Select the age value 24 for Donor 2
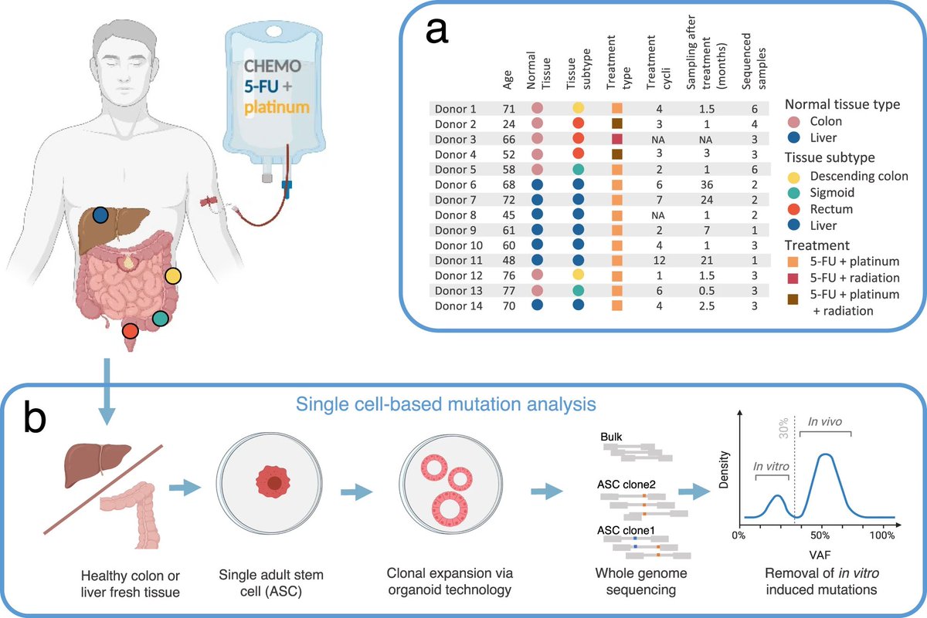(x=507, y=123)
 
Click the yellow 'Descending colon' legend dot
(x=793, y=177)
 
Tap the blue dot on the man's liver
(x=100, y=215)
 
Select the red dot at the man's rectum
(x=130, y=330)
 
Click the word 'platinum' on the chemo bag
(x=277, y=106)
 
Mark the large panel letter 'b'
(x=36, y=421)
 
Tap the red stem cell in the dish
(x=274, y=483)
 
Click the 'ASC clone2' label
(x=625, y=484)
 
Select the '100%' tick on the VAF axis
(x=882, y=533)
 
